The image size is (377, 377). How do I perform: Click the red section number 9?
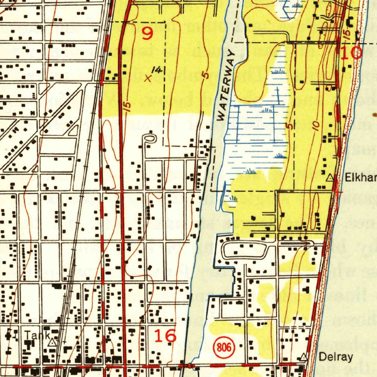click(147, 34)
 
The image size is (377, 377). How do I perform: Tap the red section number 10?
click(351, 53)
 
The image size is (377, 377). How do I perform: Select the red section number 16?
click(165, 336)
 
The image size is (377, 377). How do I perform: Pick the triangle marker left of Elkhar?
click(330, 178)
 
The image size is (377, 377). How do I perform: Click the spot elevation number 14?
click(158, 70)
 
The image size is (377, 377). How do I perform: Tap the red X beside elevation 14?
click(148, 78)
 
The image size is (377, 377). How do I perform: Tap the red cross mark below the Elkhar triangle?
click(337, 192)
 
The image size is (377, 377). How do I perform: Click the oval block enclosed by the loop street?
click(245, 250)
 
